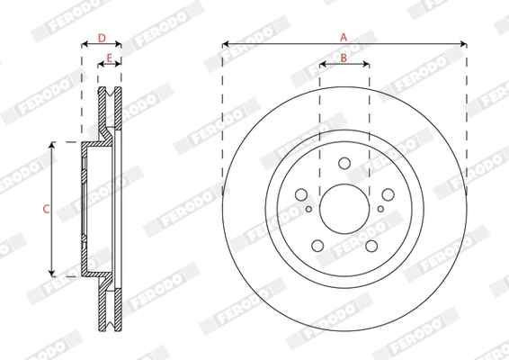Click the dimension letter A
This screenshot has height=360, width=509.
(x=344, y=36)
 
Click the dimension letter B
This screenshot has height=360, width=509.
(x=344, y=58)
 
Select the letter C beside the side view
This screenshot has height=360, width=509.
(x=46, y=209)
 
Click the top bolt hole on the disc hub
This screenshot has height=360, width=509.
(x=344, y=163)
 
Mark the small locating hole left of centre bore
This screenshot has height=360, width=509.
(x=308, y=210)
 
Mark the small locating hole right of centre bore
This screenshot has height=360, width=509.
(x=380, y=210)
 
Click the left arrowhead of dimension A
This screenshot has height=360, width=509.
(x=225, y=43)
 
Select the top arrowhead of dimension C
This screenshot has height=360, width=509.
(x=52, y=145)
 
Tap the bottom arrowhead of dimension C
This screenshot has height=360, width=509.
(x=52, y=273)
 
